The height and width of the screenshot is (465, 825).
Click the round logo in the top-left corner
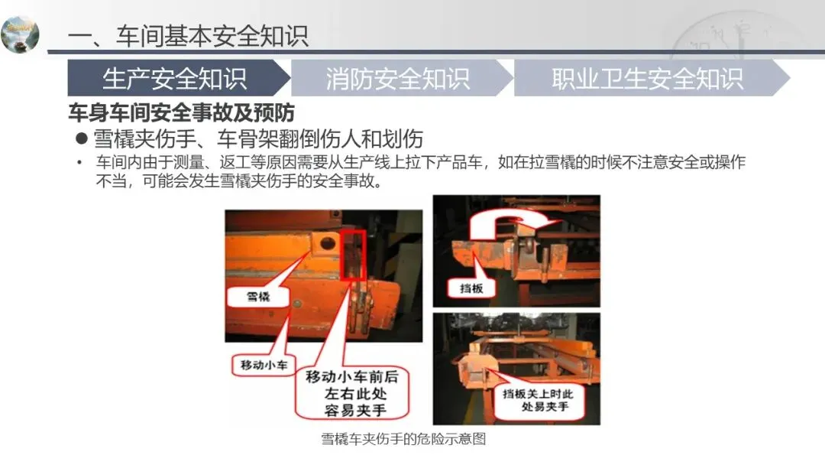tap(20, 34)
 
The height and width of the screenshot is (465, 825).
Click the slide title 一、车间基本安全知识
tap(188, 37)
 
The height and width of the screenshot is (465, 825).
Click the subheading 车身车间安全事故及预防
tap(182, 112)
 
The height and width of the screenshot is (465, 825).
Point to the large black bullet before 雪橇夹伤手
tap(81, 138)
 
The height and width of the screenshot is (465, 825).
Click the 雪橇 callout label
tap(258, 297)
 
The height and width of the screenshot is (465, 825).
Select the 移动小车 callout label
tap(264, 365)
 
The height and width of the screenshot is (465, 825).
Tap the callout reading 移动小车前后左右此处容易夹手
tap(352, 393)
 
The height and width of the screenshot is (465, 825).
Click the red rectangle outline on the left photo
tap(353, 255)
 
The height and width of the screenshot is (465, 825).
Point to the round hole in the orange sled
tap(327, 243)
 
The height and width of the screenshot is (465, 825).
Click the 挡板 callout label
tap(471, 288)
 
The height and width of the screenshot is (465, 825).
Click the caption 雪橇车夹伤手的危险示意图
tap(403, 439)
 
